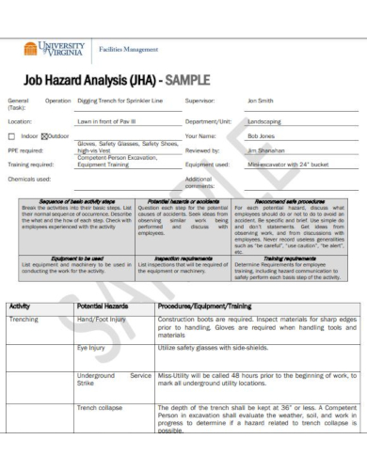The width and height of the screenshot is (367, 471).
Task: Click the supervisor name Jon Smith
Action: coord(260,100)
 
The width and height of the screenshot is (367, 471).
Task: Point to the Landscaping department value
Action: coord(267,121)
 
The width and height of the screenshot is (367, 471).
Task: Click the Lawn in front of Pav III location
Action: coord(106,121)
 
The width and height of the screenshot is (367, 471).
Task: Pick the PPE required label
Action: coord(25,149)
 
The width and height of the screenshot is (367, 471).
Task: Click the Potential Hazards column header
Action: coord(104,306)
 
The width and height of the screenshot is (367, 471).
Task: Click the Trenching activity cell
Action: coord(24,321)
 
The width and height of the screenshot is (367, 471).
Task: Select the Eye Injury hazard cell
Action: coord(91,347)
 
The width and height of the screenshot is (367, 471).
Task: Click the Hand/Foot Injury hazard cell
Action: coord(101,321)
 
